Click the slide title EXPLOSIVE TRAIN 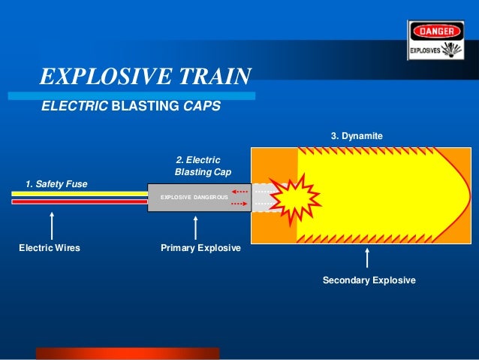tap(145, 77)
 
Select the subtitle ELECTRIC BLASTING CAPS tap(131, 107)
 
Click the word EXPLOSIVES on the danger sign tap(424, 52)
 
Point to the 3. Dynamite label tap(357, 136)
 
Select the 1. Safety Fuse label tap(56, 183)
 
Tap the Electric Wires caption tap(50, 247)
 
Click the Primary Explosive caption tap(200, 247)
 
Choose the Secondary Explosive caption tap(369, 280)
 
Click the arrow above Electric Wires tap(51, 225)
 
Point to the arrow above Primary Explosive tap(196, 228)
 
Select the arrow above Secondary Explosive tap(367, 258)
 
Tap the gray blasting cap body tap(199, 197)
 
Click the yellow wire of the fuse tap(79, 192)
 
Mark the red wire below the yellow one tap(79, 201)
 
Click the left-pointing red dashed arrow tap(239, 192)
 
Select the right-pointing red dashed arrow tap(239, 204)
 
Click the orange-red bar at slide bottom tap(128, 353)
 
